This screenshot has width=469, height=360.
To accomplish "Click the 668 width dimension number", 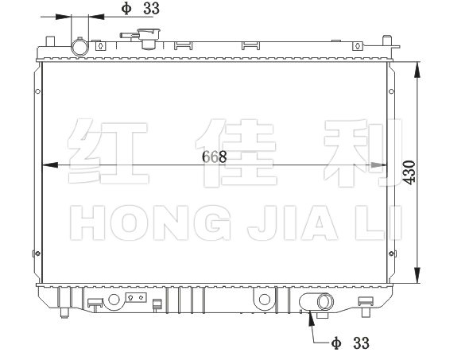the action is [214, 157].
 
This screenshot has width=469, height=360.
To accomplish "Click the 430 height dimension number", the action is [409, 172].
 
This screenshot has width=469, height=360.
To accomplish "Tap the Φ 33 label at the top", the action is [140, 9].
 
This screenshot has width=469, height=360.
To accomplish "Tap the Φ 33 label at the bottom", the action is [351, 343].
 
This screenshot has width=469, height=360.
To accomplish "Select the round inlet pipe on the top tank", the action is [79, 47].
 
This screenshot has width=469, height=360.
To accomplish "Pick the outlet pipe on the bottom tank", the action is [324, 302].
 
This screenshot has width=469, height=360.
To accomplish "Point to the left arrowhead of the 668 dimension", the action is [50, 165].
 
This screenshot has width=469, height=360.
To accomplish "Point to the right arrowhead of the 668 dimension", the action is [379, 165].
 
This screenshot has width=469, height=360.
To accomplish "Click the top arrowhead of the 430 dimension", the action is [417, 70].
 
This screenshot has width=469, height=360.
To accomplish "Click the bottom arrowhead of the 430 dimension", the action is [417, 275].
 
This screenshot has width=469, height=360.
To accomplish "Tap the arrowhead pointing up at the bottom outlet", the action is [312, 318].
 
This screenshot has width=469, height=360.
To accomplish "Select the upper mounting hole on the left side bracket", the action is [37, 91].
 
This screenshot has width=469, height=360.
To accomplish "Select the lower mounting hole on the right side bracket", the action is [391, 254].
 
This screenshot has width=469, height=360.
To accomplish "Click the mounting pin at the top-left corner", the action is [50, 41].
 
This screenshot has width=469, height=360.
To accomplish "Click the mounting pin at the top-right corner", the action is [387, 41].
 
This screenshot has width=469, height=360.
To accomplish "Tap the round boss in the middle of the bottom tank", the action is [265, 300].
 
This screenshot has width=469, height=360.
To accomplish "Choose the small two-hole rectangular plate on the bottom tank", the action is [136, 297].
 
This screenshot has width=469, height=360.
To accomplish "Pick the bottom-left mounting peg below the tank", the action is [64, 313].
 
